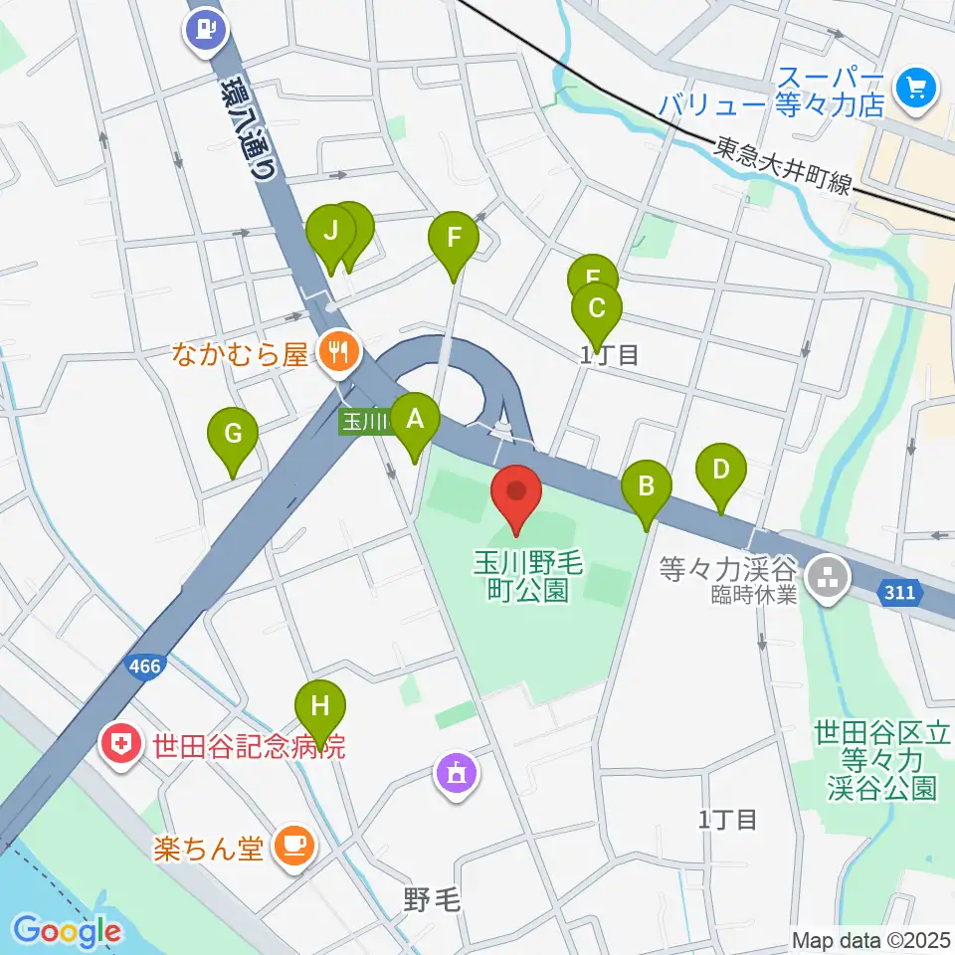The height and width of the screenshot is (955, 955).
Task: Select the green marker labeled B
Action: [646, 487]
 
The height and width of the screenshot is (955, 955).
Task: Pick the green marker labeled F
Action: [454, 239]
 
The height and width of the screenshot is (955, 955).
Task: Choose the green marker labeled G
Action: [233, 435]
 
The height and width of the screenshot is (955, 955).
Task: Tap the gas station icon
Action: [206, 29]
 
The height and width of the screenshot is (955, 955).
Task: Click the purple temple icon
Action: [458, 773]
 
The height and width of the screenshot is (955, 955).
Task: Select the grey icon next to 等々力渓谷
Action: [825, 573]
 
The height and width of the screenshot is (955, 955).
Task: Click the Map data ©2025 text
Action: [870, 939]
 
